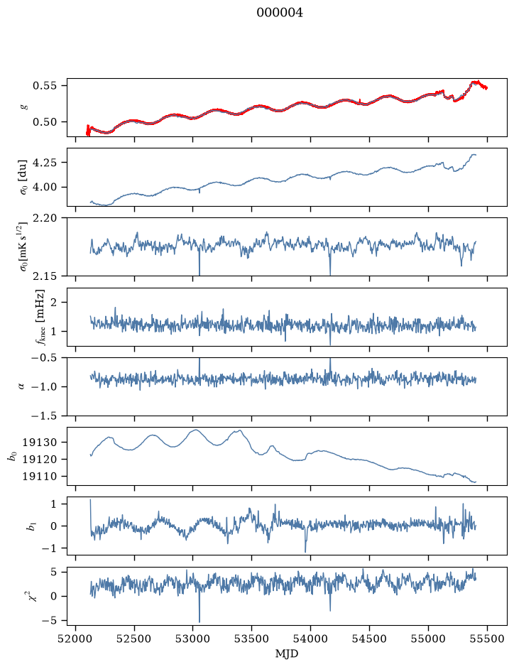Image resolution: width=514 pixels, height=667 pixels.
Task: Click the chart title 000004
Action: click(x=280, y=13)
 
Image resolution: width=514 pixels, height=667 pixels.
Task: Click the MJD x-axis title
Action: click(x=287, y=654)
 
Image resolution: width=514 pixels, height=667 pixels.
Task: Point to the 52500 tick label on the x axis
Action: click(x=134, y=639)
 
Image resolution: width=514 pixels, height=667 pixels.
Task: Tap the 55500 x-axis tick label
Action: click(x=487, y=639)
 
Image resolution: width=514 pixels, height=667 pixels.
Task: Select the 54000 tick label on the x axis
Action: click(x=311, y=639)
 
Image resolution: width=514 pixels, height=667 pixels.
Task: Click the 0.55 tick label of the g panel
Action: click(x=44, y=85)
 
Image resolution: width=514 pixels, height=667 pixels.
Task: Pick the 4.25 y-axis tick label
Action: click(x=44, y=163)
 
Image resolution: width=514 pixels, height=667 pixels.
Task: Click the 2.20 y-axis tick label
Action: click(x=44, y=218)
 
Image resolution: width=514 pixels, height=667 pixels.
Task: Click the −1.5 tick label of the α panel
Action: click(x=43, y=416)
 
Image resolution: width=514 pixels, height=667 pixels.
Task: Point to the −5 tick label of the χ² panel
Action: click(x=48, y=621)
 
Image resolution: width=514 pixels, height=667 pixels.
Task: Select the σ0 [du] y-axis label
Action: click(x=23, y=177)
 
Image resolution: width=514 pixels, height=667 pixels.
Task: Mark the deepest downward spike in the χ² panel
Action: click(x=199, y=622)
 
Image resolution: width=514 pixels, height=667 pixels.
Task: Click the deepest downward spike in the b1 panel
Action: click(x=305, y=552)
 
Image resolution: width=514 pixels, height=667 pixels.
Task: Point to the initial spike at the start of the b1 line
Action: click(x=90, y=500)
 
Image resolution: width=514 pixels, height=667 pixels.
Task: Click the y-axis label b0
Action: click(x=13, y=457)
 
